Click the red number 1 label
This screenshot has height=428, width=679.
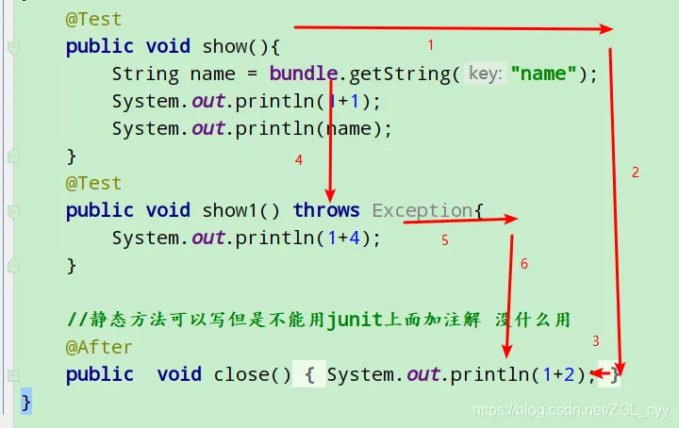(x=431, y=44)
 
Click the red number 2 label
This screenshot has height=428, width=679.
(x=636, y=172)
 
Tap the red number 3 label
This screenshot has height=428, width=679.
(x=595, y=340)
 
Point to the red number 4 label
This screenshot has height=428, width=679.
(x=299, y=160)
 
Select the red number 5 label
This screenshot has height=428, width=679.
(x=445, y=240)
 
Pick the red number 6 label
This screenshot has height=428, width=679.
(x=524, y=264)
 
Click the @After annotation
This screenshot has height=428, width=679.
(x=99, y=347)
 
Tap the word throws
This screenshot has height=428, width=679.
(x=326, y=210)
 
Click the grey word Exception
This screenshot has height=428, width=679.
(x=422, y=210)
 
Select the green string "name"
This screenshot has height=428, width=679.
(x=544, y=74)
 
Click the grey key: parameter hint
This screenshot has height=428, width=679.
(x=485, y=74)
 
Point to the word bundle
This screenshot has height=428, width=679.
(x=303, y=74)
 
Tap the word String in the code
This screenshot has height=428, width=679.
(x=145, y=74)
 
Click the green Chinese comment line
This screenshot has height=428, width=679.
(x=318, y=321)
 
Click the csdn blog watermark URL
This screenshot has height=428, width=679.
(x=571, y=410)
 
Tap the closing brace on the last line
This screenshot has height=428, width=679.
(x=26, y=402)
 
